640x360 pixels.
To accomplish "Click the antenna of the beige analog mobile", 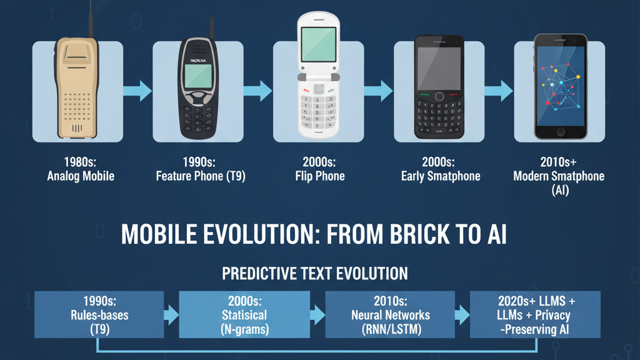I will pos(90,19).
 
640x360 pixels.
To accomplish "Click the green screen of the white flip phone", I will pos(319,43).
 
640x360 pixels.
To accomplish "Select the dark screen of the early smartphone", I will pos(439,68).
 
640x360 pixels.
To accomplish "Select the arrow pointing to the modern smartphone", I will pos(498,91).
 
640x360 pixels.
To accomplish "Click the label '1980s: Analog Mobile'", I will pos(81,169).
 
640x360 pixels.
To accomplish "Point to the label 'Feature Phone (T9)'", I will pos(201,176).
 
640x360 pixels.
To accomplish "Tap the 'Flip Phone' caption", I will pos(320,176).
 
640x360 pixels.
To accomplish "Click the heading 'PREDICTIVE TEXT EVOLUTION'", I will pos(315,273).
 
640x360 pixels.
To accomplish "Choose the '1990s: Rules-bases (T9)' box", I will pos(99,314).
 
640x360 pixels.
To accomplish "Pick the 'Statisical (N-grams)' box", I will pos(244,314).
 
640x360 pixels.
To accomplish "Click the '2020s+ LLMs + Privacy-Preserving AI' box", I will pos(535,314).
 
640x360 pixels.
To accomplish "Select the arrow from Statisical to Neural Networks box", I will pos(317,314).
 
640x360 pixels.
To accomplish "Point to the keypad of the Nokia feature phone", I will pos(198,116).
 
